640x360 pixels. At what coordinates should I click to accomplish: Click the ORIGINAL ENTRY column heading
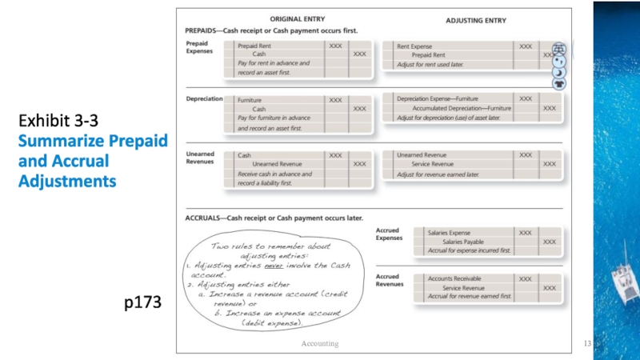pyautogui.click(x=297, y=18)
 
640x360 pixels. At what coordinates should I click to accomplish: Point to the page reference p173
pyautogui.click(x=143, y=303)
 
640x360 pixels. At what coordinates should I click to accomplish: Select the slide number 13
pyautogui.click(x=587, y=343)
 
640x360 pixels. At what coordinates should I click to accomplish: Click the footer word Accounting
pyautogui.click(x=319, y=343)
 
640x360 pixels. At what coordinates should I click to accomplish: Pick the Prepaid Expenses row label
pyautogui.click(x=199, y=47)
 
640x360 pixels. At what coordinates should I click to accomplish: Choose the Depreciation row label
pyautogui.click(x=204, y=99)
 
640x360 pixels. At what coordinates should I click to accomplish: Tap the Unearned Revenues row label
pyautogui.click(x=200, y=157)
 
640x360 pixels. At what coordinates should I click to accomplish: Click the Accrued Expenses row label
pyautogui.click(x=389, y=234)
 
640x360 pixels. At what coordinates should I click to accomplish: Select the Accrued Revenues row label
pyautogui.click(x=390, y=281)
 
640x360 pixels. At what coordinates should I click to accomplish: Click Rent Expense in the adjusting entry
pyautogui.click(x=414, y=46)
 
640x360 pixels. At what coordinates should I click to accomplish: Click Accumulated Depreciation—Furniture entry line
pyautogui.click(x=462, y=108)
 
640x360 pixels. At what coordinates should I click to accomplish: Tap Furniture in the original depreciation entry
pyautogui.click(x=250, y=100)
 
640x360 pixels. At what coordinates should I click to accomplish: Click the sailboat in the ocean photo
pyautogui.click(x=625, y=276)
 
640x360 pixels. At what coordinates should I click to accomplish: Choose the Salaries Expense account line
pyautogui.click(x=450, y=233)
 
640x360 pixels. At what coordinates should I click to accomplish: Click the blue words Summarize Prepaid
pyautogui.click(x=93, y=142)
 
